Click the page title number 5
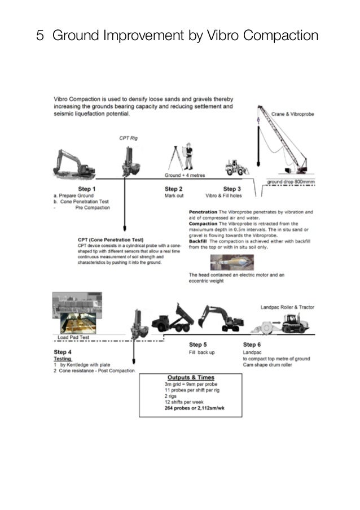[x=40, y=36]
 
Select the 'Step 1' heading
[x=86, y=189]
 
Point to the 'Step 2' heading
[x=173, y=189]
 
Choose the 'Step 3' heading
[x=232, y=189]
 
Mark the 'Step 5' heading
[x=197, y=345]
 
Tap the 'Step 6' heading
[x=252, y=345]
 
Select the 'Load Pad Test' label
[x=74, y=337]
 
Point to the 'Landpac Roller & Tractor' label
[x=287, y=307]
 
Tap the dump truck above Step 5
[x=173, y=318]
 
